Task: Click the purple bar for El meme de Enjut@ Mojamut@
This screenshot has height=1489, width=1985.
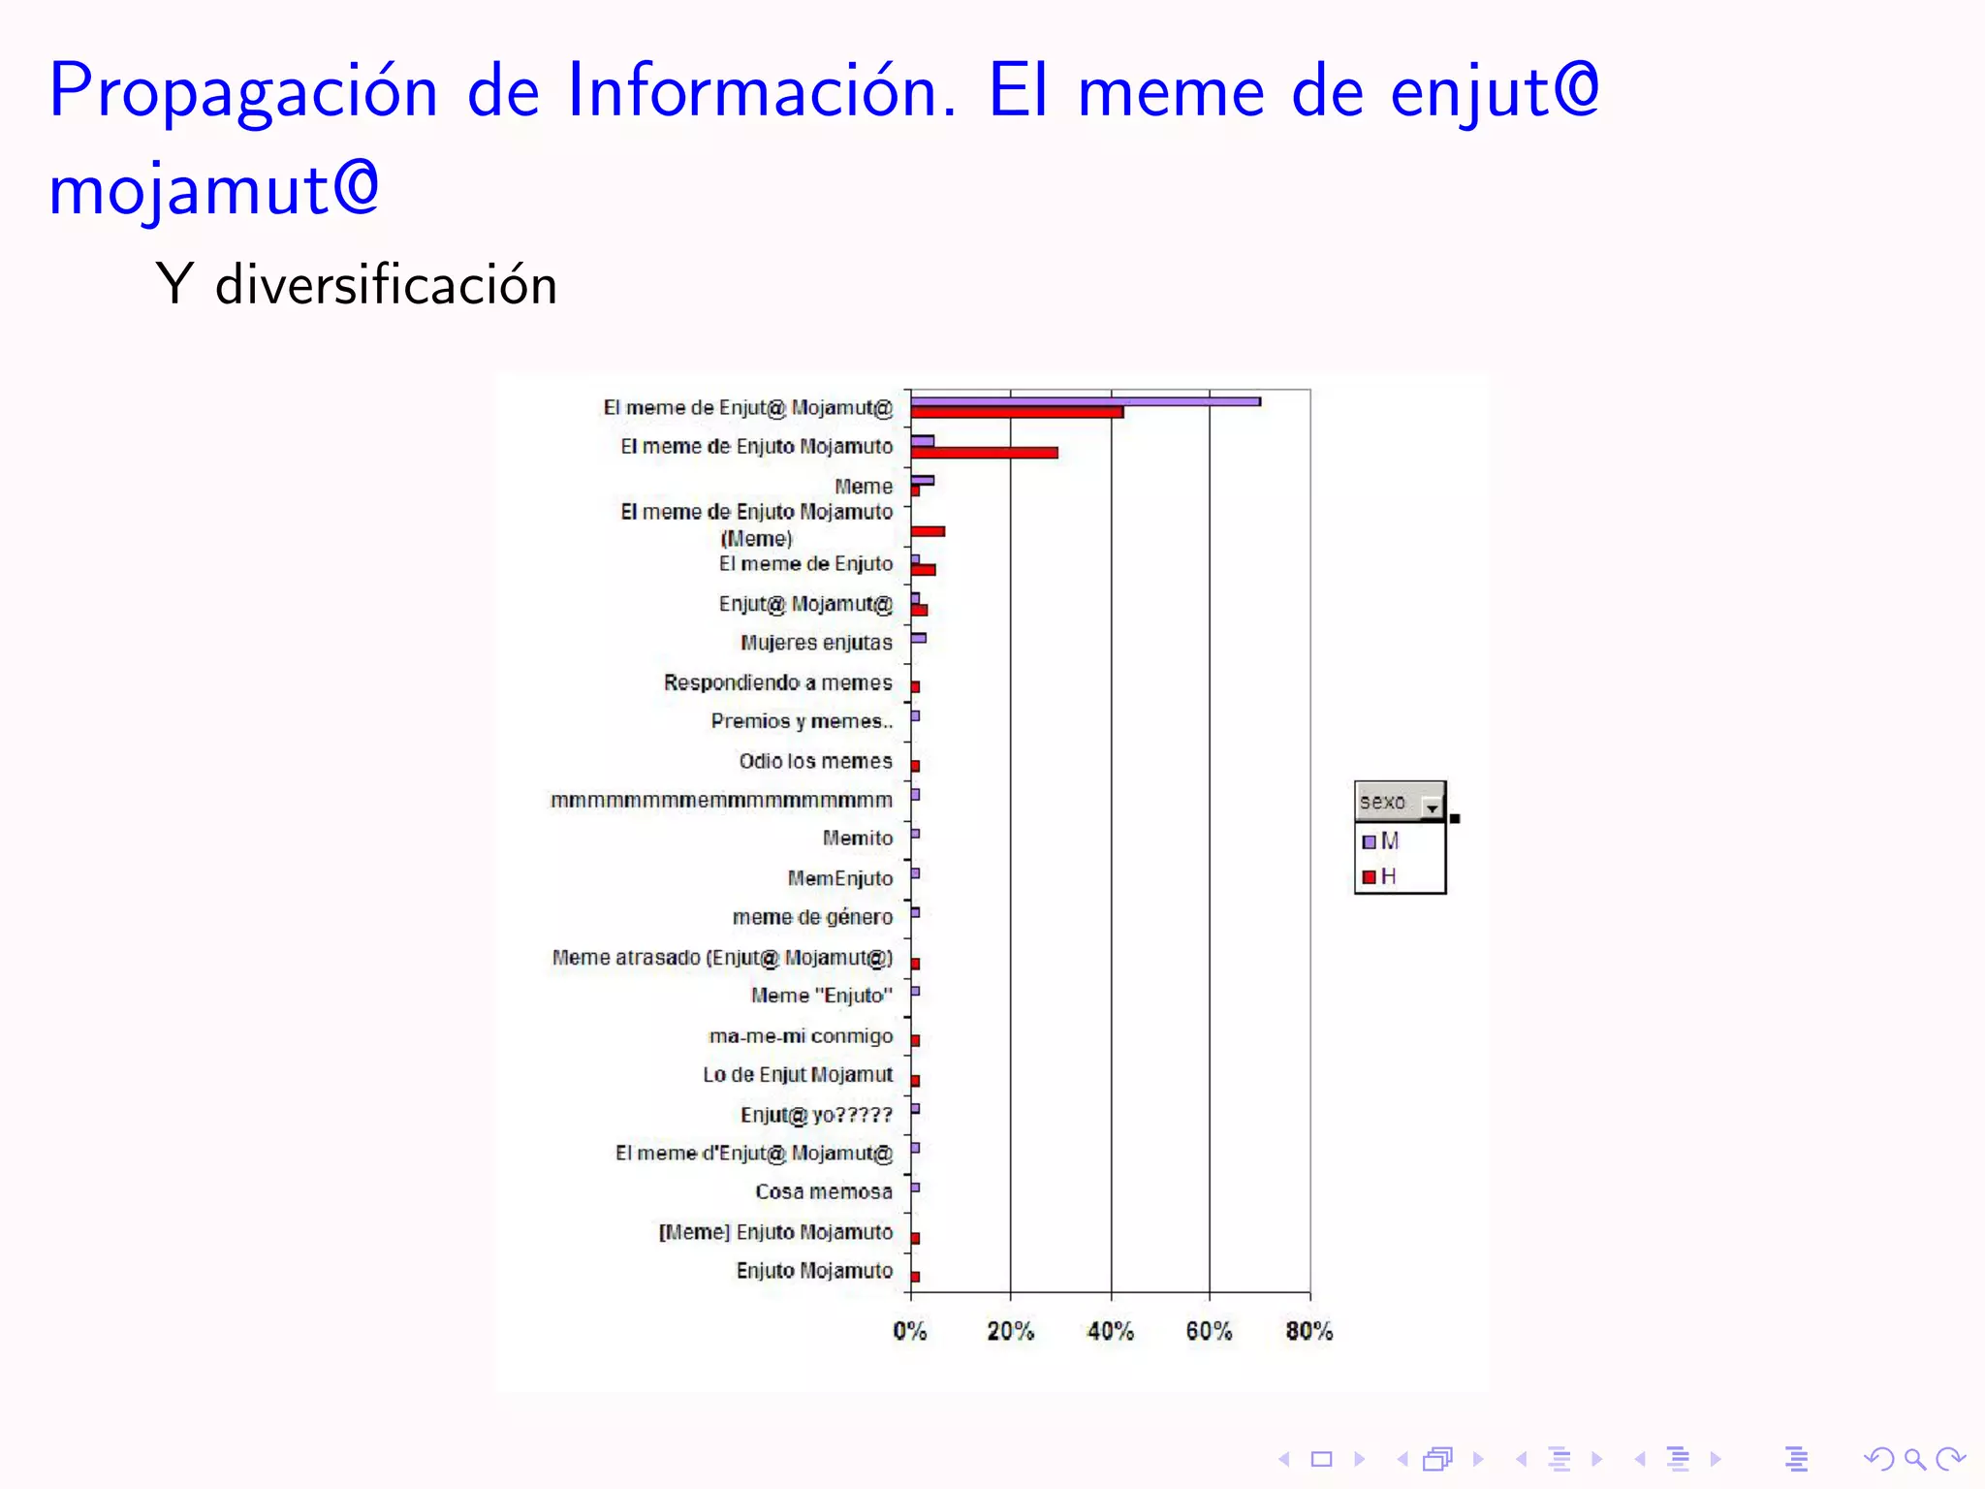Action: [x=1086, y=401]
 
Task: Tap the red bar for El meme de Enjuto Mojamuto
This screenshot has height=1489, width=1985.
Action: [x=984, y=453]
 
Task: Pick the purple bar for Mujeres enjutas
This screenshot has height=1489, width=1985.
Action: [x=919, y=638]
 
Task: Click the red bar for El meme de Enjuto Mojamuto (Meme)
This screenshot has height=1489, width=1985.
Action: [x=928, y=531]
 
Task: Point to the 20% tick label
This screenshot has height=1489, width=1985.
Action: [x=1010, y=1331]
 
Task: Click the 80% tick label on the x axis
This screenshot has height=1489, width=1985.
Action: [x=1308, y=1331]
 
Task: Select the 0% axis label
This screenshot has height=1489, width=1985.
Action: [x=909, y=1331]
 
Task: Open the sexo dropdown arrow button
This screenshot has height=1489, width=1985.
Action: [x=1432, y=806]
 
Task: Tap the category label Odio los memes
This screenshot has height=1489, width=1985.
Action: [x=815, y=761]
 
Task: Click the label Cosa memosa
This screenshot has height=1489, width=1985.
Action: [x=823, y=1191]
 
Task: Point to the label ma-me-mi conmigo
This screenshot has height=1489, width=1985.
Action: [x=801, y=1036]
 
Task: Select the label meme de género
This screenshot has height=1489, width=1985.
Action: [x=812, y=917]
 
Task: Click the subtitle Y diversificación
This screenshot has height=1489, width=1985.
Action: [x=357, y=285]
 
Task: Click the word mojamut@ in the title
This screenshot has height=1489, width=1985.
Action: [x=213, y=190]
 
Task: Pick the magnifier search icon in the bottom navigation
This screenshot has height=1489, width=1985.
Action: [x=1914, y=1459]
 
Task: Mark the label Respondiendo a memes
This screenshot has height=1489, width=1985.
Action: [x=777, y=682]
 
